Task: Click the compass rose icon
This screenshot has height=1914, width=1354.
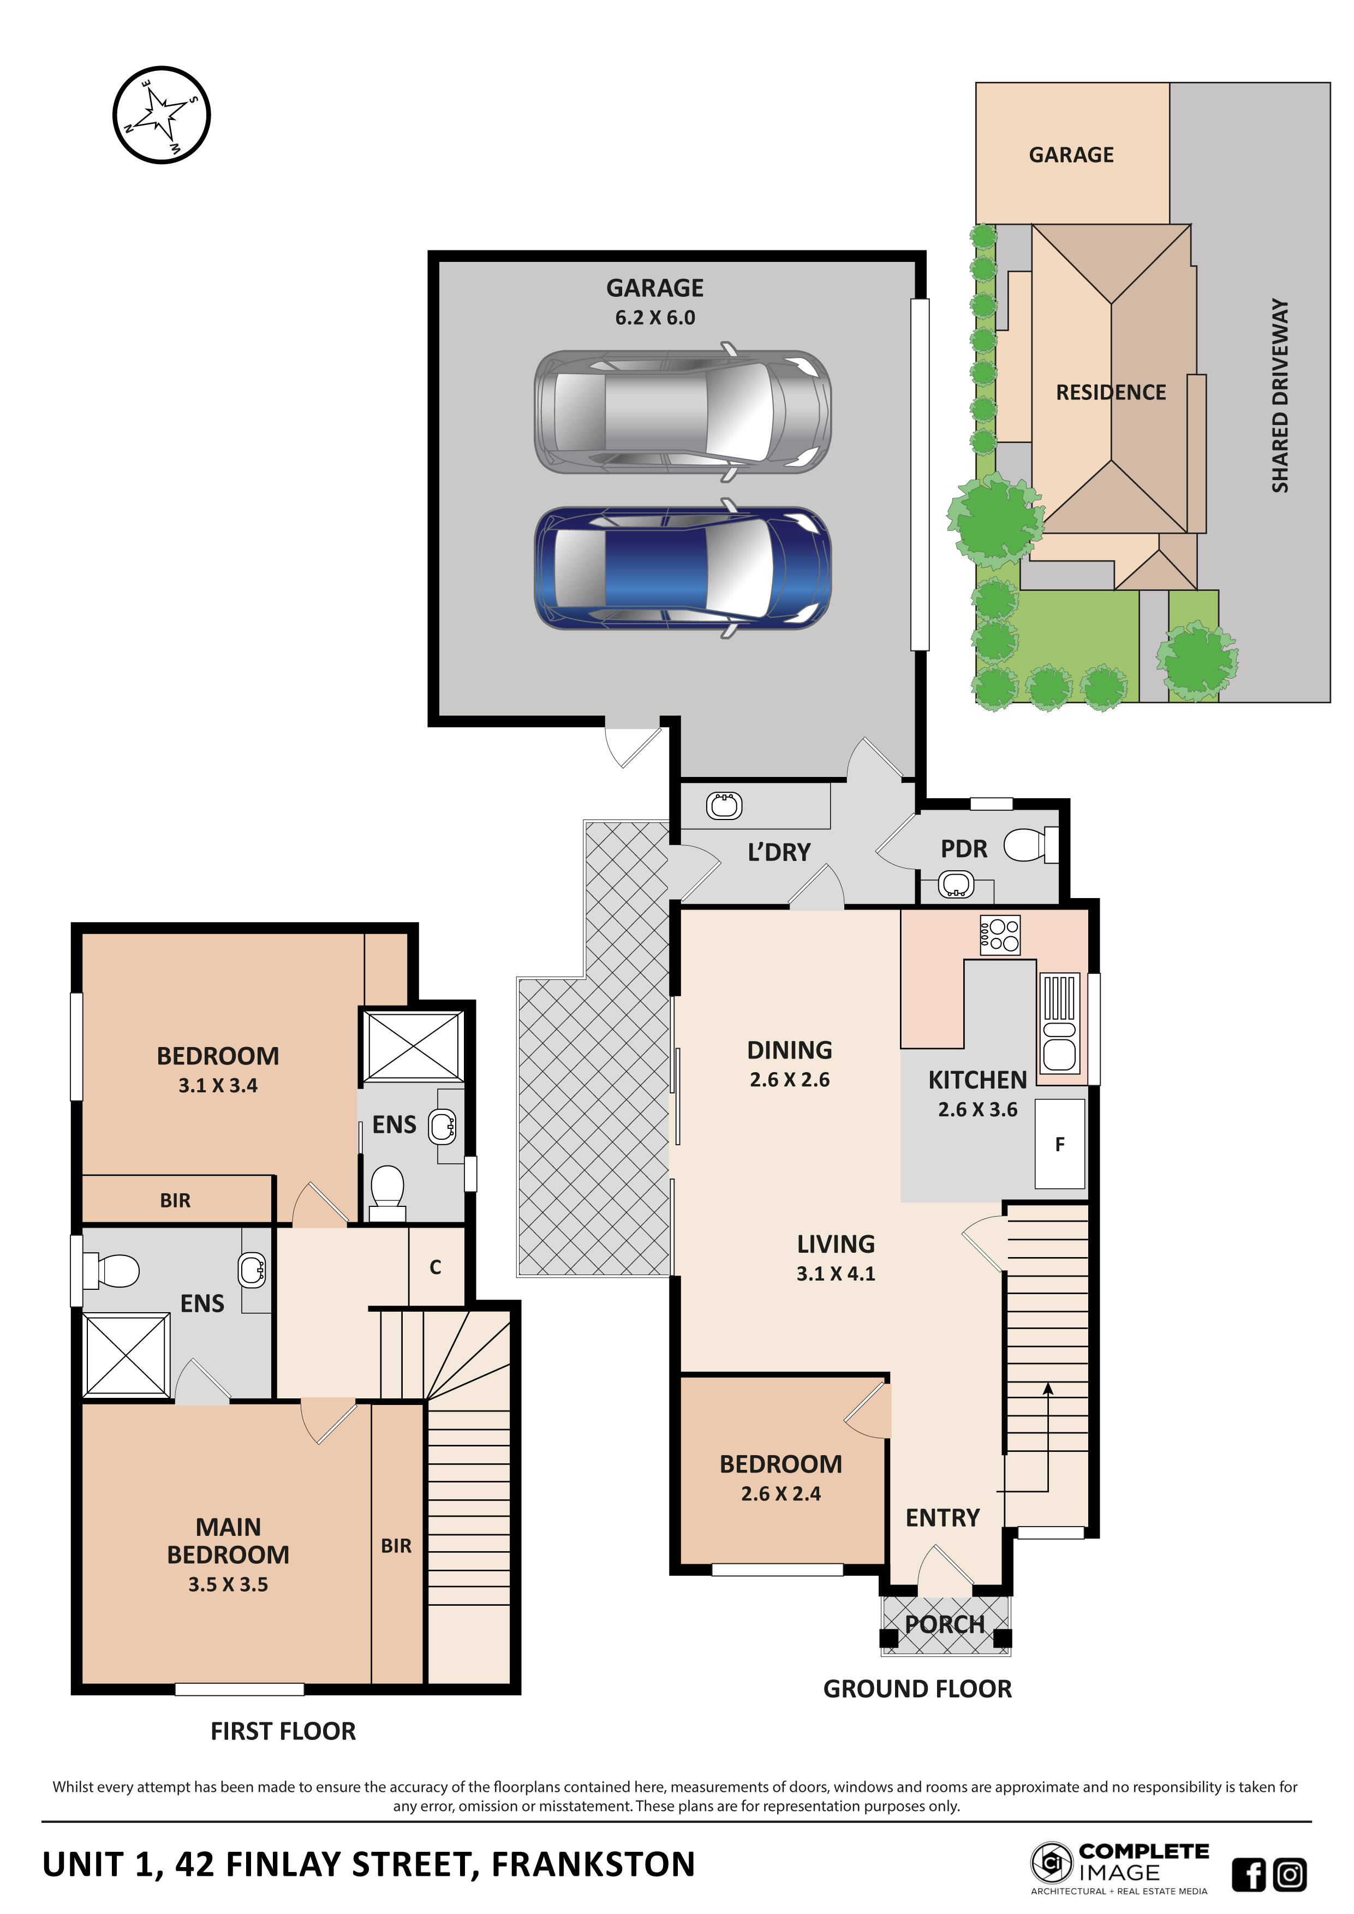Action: (x=161, y=115)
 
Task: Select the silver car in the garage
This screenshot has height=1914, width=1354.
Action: (x=682, y=412)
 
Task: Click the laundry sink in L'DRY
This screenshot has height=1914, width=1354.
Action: (x=724, y=805)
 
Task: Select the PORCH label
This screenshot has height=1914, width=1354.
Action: (x=945, y=1624)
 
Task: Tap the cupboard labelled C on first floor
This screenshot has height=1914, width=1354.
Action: (x=435, y=1267)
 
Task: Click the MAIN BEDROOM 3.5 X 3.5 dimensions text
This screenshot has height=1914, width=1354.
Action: (x=228, y=1584)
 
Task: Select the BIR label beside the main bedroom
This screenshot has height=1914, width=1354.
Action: (x=396, y=1546)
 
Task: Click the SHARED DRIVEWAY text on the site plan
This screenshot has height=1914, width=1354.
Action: (x=1280, y=395)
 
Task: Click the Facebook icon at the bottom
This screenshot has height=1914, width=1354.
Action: (x=1248, y=1875)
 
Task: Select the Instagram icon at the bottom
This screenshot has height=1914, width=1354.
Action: (x=1290, y=1874)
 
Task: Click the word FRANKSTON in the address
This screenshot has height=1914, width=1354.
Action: (x=593, y=1864)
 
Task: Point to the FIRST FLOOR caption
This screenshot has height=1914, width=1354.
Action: (x=283, y=1731)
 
